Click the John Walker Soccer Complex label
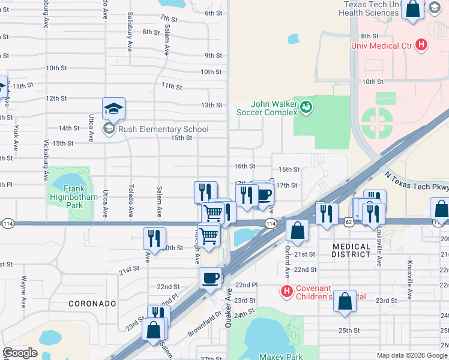pyautogui.click(x=266, y=107)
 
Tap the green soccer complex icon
pyautogui.click(x=307, y=107)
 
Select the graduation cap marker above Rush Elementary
pyautogui.click(x=113, y=109)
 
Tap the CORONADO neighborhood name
pyautogui.click(x=91, y=304)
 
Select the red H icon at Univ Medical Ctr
pyautogui.click(x=421, y=44)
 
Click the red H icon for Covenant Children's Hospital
pyautogui.click(x=287, y=292)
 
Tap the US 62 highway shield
pyautogui.click(x=349, y=223)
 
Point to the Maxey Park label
pyautogui.click(x=280, y=356)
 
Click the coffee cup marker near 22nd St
pyautogui.click(x=210, y=278)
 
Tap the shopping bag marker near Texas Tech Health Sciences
pyautogui.click(x=413, y=9)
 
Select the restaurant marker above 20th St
pyautogui.click(x=154, y=238)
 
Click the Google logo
pyautogui.click(x=20, y=353)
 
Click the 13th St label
pyautogui.click(x=211, y=105)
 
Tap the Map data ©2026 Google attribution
pyautogui.click(x=411, y=355)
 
